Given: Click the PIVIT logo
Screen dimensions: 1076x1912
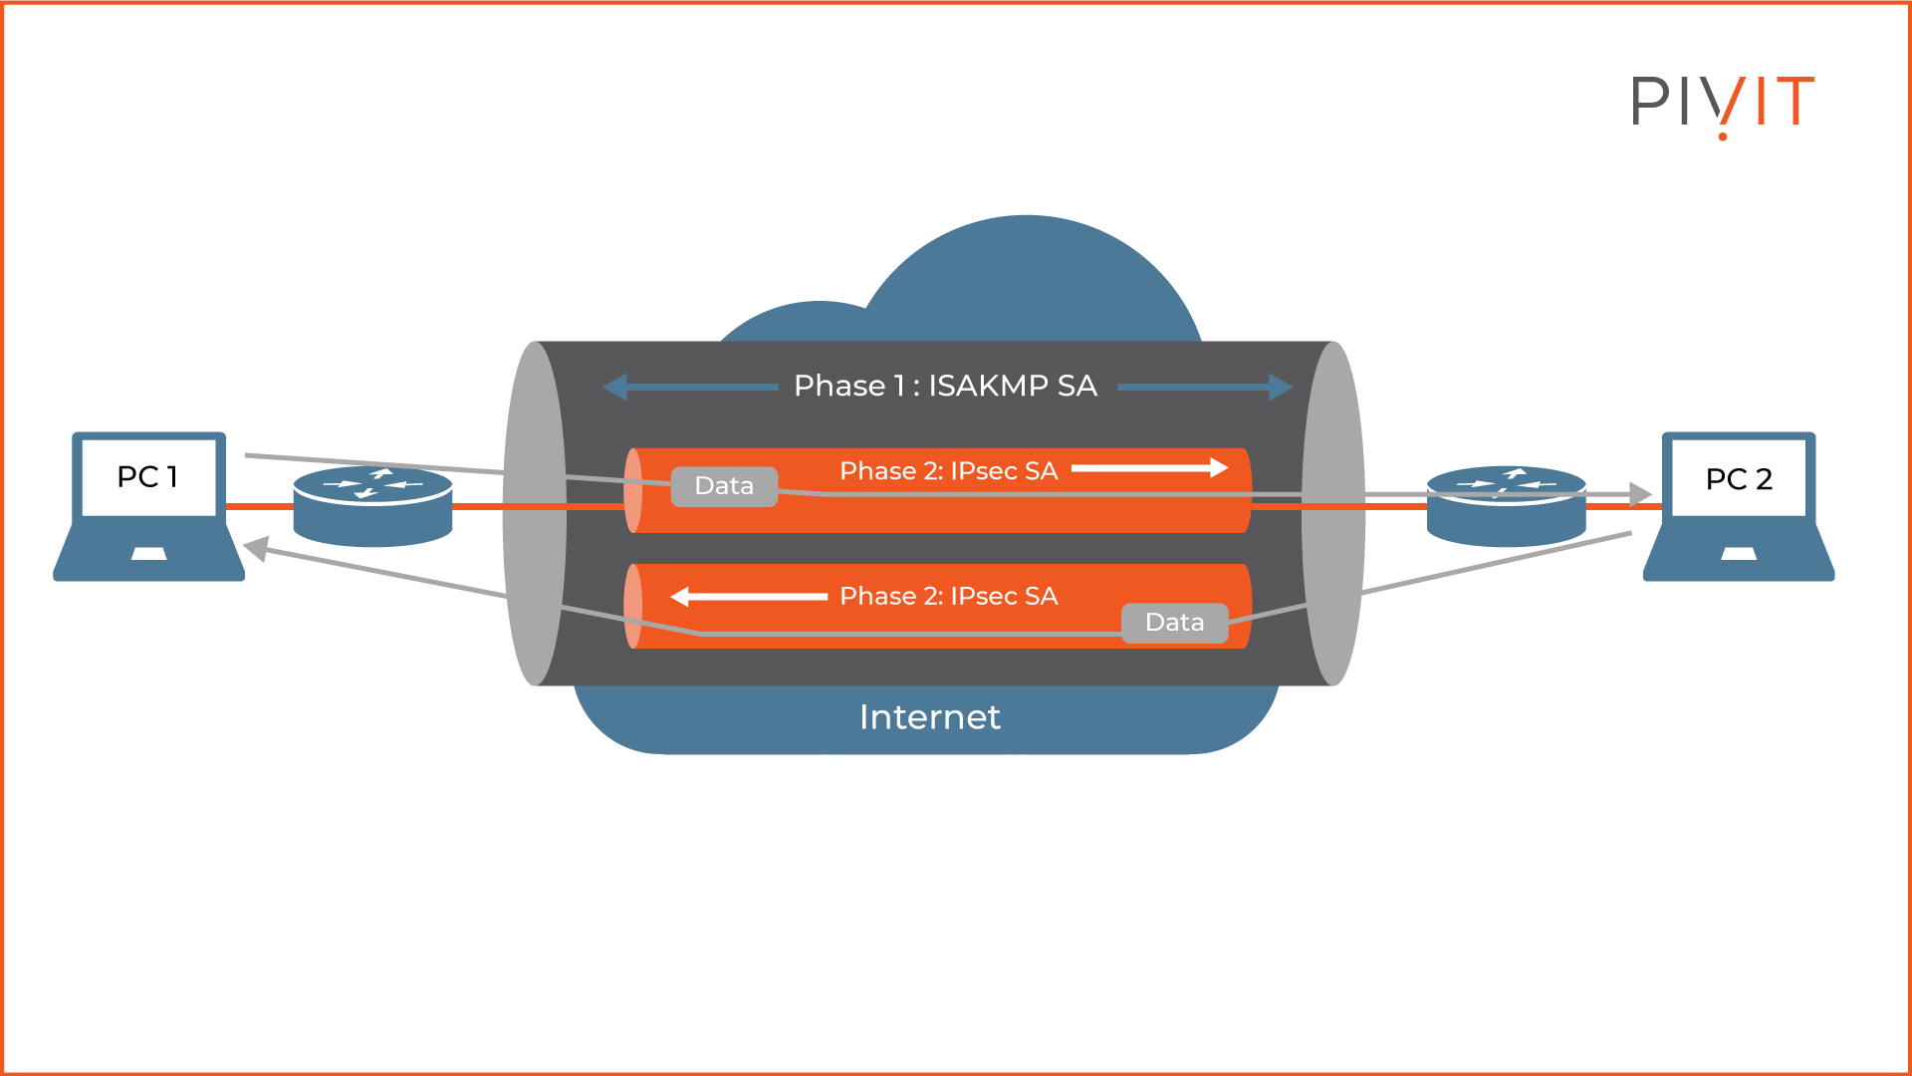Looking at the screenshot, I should (1722, 103).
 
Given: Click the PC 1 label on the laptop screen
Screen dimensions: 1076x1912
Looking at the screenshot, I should (147, 477).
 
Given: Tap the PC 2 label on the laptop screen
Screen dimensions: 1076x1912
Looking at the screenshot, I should (1739, 479).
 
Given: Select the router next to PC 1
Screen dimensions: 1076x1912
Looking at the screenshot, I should (372, 506).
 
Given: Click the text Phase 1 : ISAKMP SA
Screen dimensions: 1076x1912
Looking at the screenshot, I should (945, 386).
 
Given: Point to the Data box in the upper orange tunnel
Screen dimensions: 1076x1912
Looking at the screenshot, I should (724, 486).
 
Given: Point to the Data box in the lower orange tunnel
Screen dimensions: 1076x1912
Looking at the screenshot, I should (1174, 623).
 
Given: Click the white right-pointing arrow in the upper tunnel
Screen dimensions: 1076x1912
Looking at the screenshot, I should (1149, 468).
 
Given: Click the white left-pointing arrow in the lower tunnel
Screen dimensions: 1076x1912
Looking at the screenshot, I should (749, 597).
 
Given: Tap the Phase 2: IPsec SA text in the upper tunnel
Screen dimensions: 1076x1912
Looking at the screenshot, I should (948, 471).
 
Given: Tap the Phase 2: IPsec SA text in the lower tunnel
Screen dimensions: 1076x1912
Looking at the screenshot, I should (948, 596).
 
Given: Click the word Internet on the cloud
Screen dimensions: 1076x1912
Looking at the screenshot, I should (929, 717).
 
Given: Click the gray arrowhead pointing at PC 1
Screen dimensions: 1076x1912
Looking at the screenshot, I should (256, 548).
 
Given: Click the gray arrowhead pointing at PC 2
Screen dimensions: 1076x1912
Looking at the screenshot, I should (1639, 493).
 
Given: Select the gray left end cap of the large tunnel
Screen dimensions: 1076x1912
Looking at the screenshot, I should (535, 513).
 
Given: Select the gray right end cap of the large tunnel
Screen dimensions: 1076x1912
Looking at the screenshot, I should (1333, 513).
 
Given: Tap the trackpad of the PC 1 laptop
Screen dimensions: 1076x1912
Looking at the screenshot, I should (148, 554).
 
